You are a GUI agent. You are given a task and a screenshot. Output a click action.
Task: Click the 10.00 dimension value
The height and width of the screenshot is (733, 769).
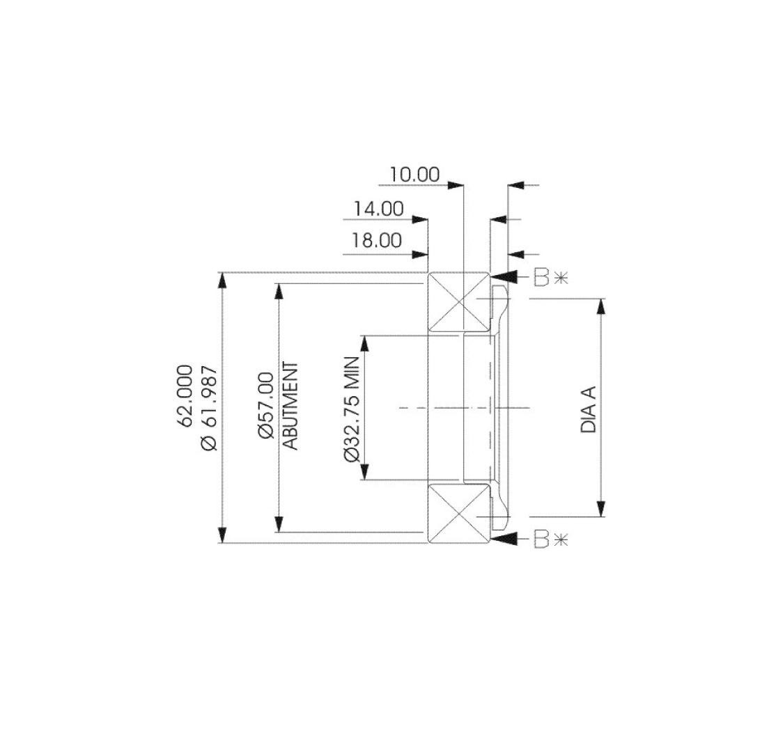tap(414, 174)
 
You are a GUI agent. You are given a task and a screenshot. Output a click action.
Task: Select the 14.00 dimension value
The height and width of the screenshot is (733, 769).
tap(378, 208)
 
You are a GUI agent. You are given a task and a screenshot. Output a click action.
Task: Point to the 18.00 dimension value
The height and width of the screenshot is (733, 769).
tap(377, 240)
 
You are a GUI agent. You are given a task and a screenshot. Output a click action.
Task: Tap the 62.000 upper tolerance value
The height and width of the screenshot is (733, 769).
tap(186, 395)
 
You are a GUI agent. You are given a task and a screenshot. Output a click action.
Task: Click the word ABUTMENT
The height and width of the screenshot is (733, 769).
tap(291, 406)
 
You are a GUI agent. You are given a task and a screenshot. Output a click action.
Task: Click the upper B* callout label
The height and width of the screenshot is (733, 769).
tap(550, 277)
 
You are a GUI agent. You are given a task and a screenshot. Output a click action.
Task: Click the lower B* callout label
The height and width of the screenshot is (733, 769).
tap(550, 539)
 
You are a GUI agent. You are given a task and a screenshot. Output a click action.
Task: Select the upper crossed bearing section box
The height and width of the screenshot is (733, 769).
tap(458, 301)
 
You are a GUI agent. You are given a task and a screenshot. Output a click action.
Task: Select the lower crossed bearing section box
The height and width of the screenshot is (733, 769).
tap(458, 514)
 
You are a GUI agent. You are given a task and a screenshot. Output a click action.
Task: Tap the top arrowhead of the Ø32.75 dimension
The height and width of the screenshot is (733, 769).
tap(363, 343)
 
